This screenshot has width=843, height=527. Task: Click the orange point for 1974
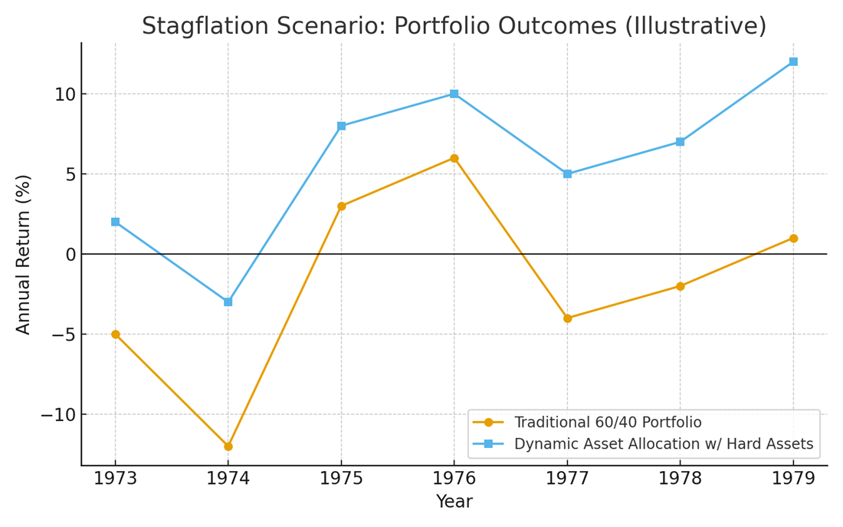coord(228,446)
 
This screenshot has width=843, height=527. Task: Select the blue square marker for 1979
coord(793,61)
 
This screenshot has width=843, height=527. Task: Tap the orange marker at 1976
coord(454,158)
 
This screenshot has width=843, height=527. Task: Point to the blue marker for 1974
coord(228,302)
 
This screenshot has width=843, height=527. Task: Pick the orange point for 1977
coord(567,318)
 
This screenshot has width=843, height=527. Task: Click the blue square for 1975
coord(341,126)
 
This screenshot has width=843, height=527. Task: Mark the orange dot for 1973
coord(116,334)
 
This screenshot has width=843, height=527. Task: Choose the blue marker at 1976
coord(454,94)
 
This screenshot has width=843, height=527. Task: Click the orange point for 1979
coord(793,239)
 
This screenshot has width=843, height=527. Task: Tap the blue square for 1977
coord(567,174)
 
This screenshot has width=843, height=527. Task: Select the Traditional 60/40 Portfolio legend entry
coord(607,423)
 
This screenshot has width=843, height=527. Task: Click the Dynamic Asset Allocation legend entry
coord(663,444)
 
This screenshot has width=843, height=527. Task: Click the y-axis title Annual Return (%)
coord(24,254)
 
